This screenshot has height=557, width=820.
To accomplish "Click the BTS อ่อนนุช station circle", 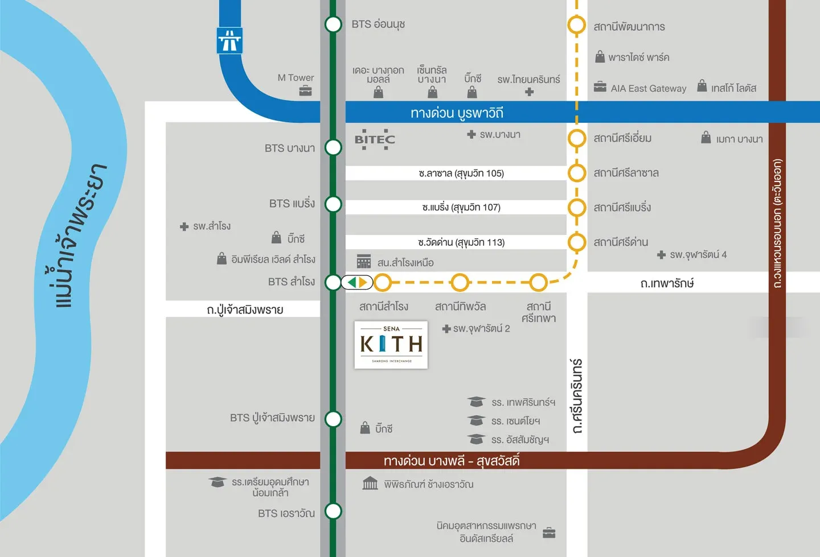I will click(333, 24).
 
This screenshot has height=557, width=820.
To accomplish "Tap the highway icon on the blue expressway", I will click(229, 41).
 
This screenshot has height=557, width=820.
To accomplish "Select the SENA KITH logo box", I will click(391, 345).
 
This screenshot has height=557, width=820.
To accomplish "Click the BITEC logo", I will click(374, 139).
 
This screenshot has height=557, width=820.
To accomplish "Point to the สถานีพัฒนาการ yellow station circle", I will click(576, 25).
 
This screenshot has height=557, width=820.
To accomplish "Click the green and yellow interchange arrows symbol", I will click(357, 282).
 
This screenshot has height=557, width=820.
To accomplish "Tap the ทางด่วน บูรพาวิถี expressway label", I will click(457, 113).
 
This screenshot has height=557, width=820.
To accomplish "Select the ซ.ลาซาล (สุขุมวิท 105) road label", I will click(461, 173).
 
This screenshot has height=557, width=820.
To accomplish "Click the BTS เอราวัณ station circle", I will click(333, 511).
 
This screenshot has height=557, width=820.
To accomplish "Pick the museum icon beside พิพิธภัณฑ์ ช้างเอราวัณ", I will click(370, 484).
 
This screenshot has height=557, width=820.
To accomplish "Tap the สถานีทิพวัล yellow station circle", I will click(460, 282).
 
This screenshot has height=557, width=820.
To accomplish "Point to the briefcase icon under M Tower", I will click(306, 91).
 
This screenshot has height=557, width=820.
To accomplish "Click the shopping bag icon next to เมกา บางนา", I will click(706, 137).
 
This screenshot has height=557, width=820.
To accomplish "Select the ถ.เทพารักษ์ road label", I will click(667, 283).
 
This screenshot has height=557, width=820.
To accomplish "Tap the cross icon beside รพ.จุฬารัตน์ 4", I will click(661, 255).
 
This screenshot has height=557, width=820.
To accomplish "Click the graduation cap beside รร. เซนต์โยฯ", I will click(476, 420).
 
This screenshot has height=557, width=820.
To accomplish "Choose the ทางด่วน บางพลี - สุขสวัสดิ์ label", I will click(451, 460).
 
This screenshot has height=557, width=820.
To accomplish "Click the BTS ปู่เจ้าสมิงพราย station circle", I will click(333, 419).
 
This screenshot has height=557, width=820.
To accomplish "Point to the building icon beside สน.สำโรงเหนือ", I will click(364, 261).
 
